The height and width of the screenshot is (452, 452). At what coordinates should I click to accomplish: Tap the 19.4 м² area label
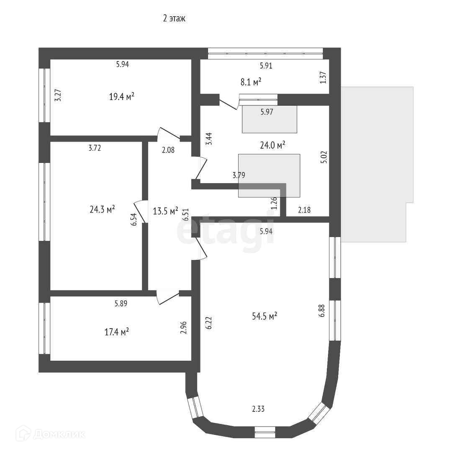coord(122,97)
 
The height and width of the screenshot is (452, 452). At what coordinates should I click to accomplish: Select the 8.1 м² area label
coord(251,82)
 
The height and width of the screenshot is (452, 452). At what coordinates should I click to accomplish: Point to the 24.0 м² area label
coord(273,145)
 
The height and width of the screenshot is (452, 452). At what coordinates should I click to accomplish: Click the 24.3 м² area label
coord(103,209)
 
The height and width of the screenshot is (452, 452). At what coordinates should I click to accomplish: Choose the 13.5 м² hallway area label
coord(165,211)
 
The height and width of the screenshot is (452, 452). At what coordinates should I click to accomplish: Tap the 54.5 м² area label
coord(265,316)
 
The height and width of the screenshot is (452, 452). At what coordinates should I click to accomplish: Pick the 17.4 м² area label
coord(116,332)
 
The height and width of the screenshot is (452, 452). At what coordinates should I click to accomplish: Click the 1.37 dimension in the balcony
coord(323,77)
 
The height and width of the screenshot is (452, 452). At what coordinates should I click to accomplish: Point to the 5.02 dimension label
coord(324,157)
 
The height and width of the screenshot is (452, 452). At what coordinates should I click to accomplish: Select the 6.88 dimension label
coord(322,311)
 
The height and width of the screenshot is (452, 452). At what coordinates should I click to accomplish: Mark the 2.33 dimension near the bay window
coord(258,409)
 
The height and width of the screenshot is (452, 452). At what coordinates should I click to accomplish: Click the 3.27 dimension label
coord(58,95)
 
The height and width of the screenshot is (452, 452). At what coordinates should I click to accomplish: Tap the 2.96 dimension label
coord(184,328)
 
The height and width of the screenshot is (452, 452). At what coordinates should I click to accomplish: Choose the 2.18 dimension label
coord(304,210)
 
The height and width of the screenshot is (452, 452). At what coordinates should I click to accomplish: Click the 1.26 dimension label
coord(274,203)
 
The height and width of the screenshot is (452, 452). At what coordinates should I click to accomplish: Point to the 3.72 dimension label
coord(95,148)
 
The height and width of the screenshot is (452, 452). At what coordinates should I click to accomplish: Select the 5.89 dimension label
coord(121,303)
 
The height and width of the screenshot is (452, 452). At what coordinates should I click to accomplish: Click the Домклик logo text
coord(59,434)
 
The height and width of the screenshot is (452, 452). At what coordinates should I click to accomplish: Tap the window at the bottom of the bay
coord(265,432)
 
